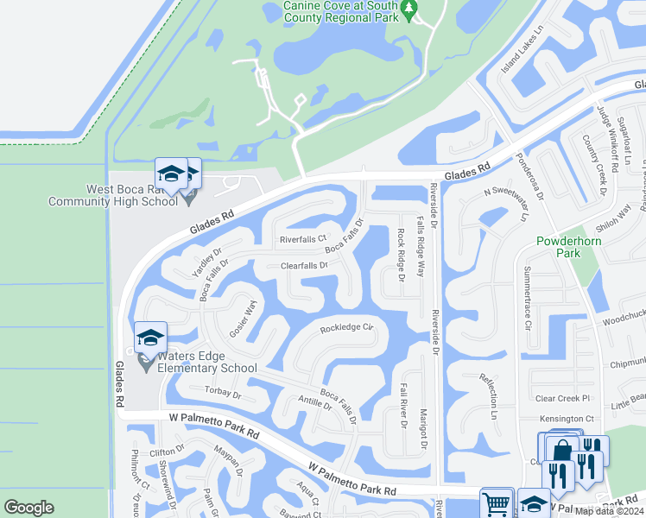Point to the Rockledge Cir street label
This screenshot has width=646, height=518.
(345, 328)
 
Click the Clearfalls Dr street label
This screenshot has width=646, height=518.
(304, 266)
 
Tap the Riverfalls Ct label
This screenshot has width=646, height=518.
(302, 239)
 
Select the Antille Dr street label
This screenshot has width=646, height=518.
(314, 403)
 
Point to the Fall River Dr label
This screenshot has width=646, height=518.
(402, 408)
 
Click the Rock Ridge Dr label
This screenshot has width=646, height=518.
(401, 255)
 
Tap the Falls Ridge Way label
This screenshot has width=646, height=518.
(421, 246)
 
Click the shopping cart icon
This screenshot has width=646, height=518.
(497, 503)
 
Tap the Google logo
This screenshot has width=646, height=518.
(29, 508)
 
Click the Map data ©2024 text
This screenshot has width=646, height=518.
(610, 511)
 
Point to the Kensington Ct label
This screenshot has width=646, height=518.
(566, 419)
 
